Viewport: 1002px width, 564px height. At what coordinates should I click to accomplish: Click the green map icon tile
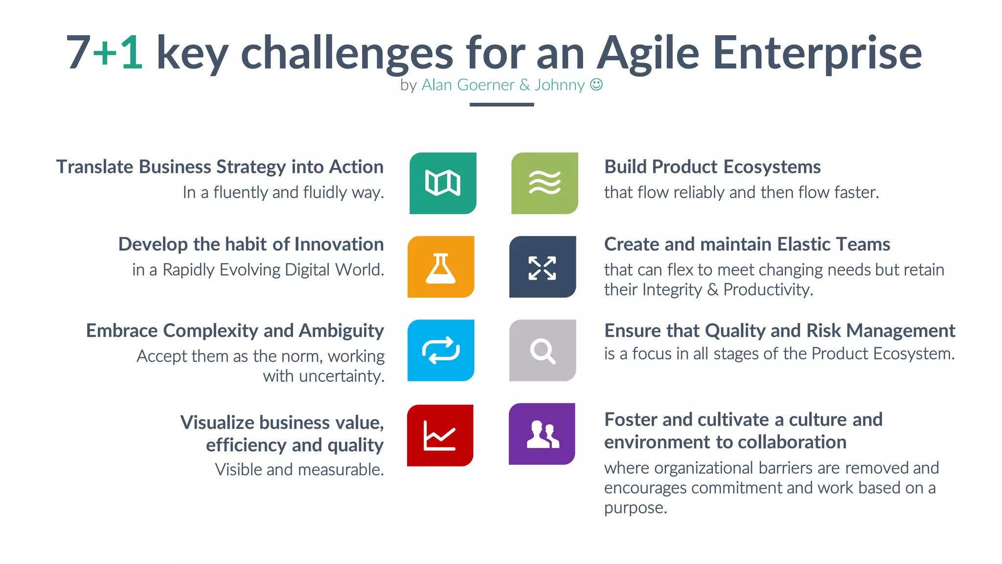tap(443, 183)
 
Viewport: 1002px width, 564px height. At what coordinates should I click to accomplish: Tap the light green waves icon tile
tap(545, 183)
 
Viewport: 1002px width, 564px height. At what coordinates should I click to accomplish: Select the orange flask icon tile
tap(441, 267)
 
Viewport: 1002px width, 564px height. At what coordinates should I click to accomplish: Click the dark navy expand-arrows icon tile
tap(543, 267)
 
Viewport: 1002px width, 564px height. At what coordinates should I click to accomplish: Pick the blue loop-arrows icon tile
tap(441, 351)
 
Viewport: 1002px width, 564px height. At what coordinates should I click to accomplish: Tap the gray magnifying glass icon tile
tap(543, 351)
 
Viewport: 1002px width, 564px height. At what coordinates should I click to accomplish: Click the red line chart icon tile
tap(440, 435)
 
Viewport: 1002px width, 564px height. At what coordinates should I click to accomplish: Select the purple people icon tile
tap(542, 434)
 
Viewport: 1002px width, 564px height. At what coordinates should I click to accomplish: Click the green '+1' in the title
tap(118, 52)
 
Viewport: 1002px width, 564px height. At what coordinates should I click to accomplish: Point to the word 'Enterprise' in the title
tap(817, 52)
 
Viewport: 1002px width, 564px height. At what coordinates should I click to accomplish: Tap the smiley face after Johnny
tap(596, 85)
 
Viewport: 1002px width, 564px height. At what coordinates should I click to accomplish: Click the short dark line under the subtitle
tap(501, 104)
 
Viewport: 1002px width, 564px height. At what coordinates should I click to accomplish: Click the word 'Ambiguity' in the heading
tap(342, 331)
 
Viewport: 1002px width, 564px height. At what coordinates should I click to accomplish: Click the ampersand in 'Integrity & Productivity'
tap(713, 290)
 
